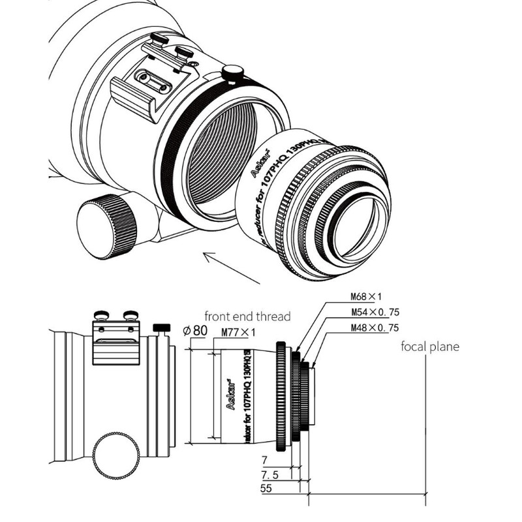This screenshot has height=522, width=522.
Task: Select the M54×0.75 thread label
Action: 371,313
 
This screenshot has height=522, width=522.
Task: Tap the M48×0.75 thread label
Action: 371,328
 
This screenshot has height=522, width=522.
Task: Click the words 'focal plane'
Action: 429,346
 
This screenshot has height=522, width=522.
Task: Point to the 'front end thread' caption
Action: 247,316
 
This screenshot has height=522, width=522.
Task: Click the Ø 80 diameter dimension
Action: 195,330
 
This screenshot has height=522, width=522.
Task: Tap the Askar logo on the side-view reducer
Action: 229,394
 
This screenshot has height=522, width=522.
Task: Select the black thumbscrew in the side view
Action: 161,326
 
